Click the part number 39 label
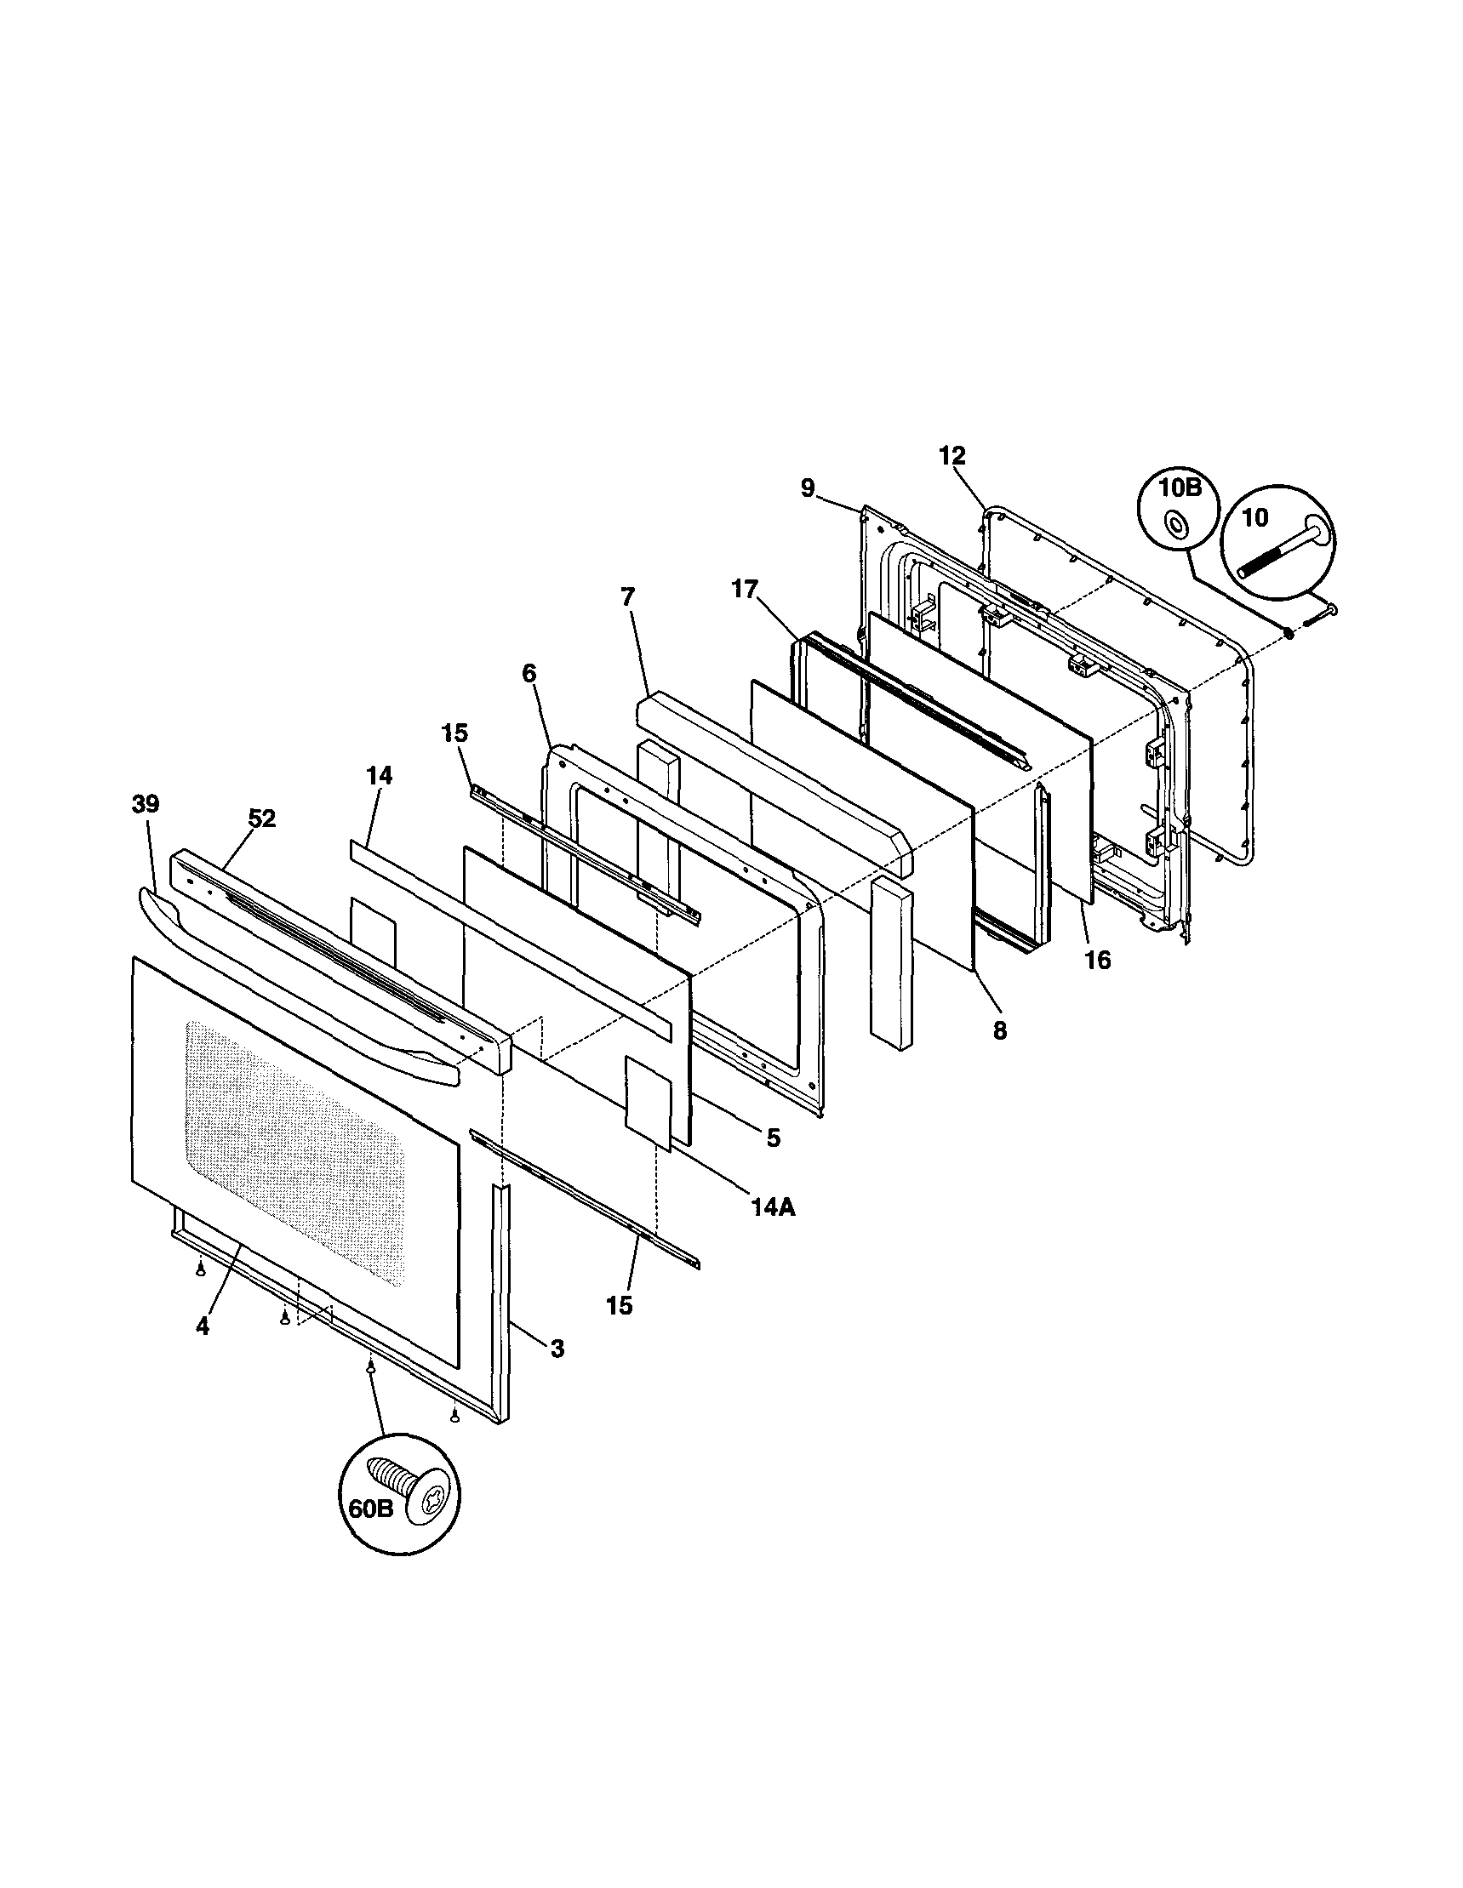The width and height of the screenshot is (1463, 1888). tap(146, 804)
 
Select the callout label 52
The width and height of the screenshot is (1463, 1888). tap(261, 819)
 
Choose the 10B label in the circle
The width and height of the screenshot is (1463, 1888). tap(1180, 488)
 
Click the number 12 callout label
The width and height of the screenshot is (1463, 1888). tap(952, 455)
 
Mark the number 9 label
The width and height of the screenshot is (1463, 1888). tap(807, 488)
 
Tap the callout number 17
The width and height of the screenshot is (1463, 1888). tap(744, 590)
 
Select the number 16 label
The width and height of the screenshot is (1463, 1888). tap(1097, 960)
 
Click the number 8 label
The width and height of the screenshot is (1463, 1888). tap(999, 1031)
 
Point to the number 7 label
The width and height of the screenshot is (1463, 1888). tap(628, 596)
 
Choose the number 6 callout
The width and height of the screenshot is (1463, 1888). tap(529, 671)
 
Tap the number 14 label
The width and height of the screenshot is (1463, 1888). tap(379, 775)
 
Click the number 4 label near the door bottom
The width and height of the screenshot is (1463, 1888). tap(203, 1327)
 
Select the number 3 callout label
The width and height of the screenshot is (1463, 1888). tap(557, 1348)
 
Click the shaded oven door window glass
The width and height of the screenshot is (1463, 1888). tap(294, 1149)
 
